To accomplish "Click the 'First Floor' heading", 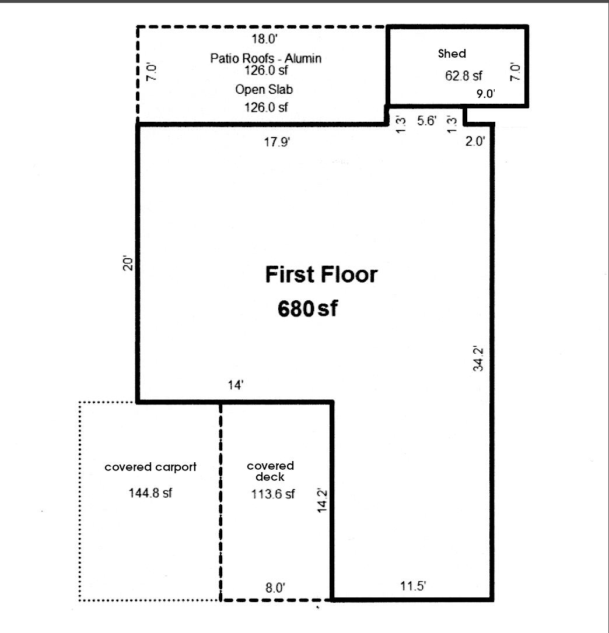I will pos(321,275).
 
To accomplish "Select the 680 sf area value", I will pos(307,309).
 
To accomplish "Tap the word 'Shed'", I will pos(452,54).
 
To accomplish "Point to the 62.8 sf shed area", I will pos(464,76).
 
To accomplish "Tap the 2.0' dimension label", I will pos(476,140).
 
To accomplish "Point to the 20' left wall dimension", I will pos(129,263).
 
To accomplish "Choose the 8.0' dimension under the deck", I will pos(275,588).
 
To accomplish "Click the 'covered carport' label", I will pos(150,467).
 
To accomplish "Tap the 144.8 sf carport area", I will pos(150,493).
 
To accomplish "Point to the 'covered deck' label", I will pos(270,471).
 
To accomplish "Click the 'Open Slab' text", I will pos(264,90).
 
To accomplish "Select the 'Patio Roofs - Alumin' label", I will pos(266,58).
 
